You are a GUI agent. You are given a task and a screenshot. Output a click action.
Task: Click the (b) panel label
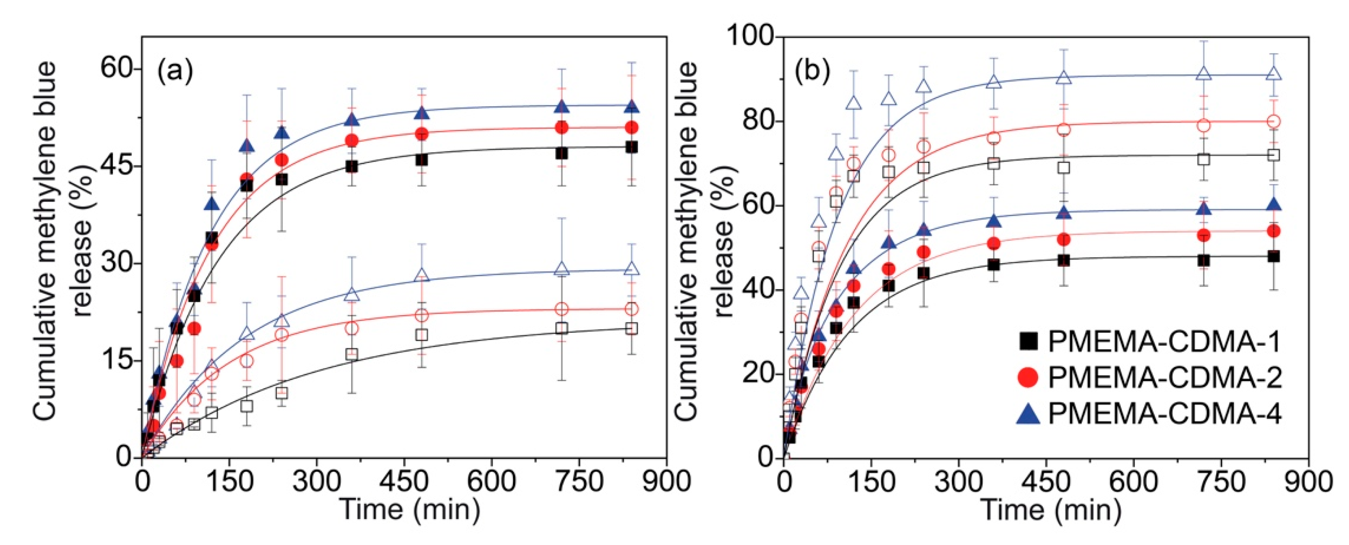click(812, 72)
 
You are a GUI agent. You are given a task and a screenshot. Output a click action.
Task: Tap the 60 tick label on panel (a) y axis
click(116, 69)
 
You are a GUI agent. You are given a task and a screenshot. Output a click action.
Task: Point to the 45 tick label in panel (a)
click(116, 166)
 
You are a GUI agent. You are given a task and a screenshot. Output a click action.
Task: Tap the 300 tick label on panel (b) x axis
click(959, 481)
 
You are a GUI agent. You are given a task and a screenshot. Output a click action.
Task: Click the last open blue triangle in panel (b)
click(1274, 74)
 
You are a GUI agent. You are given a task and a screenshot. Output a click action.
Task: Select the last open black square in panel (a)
click(631, 329)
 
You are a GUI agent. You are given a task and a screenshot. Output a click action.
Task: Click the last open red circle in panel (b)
click(1274, 121)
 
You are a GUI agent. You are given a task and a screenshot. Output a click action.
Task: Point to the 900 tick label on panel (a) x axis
click(666, 481)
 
